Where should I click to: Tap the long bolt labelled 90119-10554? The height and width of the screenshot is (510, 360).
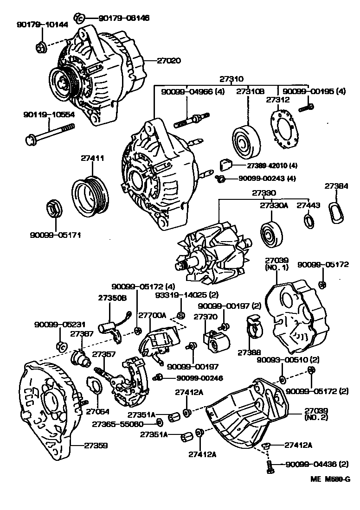(x=51, y=133)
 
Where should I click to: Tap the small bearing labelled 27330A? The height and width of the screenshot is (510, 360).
(x=270, y=233)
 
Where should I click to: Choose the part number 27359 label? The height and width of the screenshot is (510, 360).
(x=96, y=446)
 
